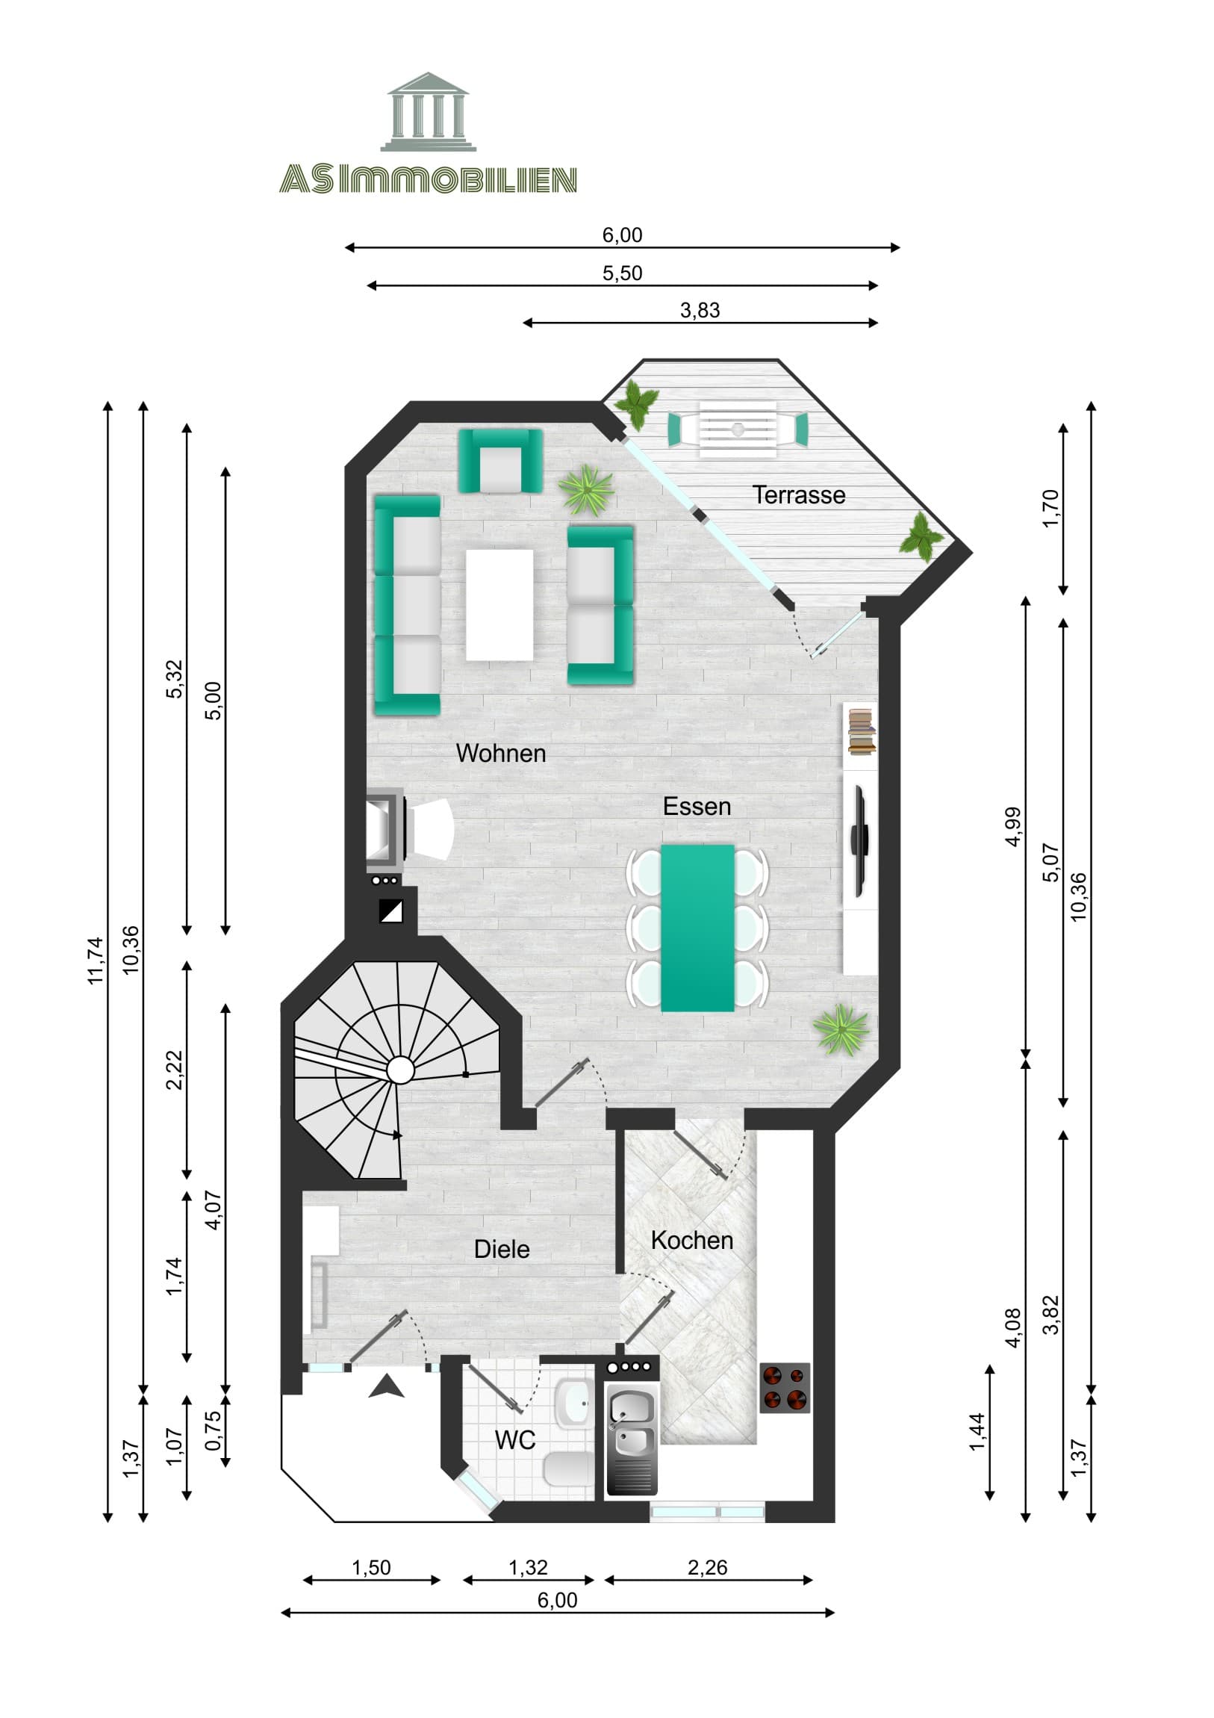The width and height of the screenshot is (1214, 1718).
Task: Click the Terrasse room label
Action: (x=798, y=494)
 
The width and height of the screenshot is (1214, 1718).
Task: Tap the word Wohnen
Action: (x=500, y=753)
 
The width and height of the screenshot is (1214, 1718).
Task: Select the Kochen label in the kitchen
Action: (x=691, y=1240)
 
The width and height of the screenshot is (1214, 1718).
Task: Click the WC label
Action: (x=514, y=1439)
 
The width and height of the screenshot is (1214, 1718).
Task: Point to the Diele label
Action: (x=501, y=1249)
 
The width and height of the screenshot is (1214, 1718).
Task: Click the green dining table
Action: (x=697, y=928)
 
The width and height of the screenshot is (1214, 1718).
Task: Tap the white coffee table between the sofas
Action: (x=499, y=605)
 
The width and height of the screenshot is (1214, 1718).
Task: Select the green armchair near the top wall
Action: (x=499, y=461)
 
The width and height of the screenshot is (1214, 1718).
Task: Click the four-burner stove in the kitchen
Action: (x=784, y=1387)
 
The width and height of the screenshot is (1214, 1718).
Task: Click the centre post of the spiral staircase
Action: (x=400, y=1070)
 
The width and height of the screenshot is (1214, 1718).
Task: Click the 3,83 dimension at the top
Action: (x=700, y=310)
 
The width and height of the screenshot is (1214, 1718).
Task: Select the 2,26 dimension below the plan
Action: (x=707, y=1567)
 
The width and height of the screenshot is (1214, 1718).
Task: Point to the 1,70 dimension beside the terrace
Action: (x=1050, y=508)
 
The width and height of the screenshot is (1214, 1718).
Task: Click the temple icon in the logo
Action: (x=428, y=112)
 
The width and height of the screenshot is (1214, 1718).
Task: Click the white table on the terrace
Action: (x=738, y=429)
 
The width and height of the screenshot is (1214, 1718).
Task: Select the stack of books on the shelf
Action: (x=861, y=731)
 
